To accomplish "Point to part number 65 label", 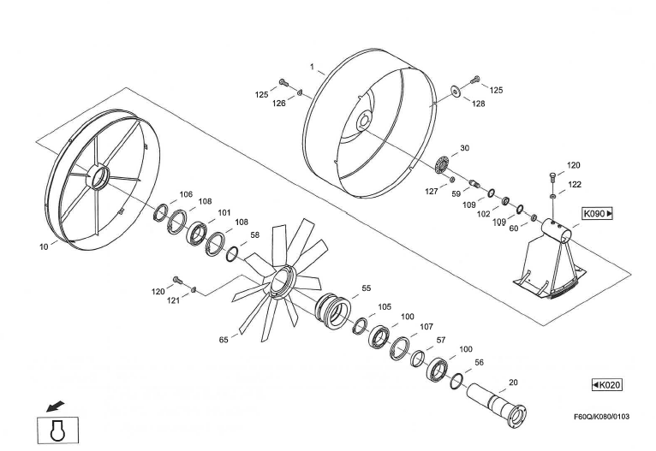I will click(x=224, y=340).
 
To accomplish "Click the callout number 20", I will click(x=513, y=383).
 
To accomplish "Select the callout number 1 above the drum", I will click(x=312, y=66).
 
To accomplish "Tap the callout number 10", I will click(x=43, y=246).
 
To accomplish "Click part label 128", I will click(x=478, y=103).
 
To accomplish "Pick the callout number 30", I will click(x=464, y=148).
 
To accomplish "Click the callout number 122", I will click(x=574, y=184).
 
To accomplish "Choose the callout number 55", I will click(x=366, y=288).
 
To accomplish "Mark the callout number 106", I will click(x=186, y=194).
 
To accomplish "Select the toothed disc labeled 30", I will click(x=443, y=163).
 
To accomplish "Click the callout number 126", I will click(x=278, y=104).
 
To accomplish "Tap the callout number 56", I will click(x=479, y=362).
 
